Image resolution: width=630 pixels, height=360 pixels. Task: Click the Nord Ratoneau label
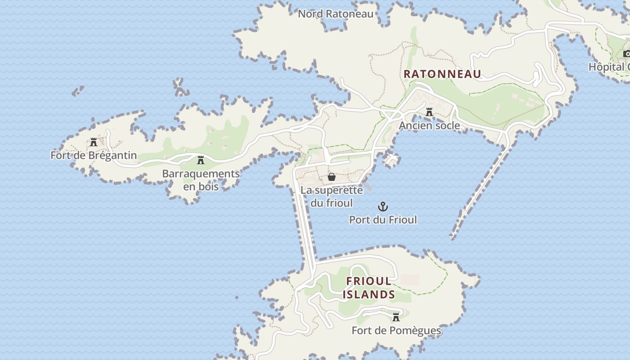tap(336, 14)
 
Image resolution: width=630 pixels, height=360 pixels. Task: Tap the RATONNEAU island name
tap(442, 74)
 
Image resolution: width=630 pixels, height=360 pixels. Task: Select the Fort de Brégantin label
tap(94, 156)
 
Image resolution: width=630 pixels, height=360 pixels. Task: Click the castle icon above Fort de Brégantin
tap(94, 142)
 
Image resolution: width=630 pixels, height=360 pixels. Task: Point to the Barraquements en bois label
tap(201, 180)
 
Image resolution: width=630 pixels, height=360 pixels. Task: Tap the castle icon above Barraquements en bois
tap(201, 160)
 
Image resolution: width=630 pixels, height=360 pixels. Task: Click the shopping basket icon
tap(332, 177)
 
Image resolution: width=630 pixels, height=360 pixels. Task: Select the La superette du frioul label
tap(332, 197)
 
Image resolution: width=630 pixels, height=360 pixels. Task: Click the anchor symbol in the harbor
tap(382, 207)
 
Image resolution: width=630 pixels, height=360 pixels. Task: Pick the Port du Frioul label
tap(383, 220)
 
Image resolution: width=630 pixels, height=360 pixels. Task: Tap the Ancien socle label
tap(429, 126)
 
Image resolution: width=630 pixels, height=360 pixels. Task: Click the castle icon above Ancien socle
tap(429, 112)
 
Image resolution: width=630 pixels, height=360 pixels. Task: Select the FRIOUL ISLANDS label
tap(369, 288)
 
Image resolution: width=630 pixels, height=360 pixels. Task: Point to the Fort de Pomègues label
tap(396, 331)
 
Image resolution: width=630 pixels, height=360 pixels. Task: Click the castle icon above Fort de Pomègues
tap(396, 317)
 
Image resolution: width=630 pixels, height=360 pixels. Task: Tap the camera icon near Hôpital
tap(626, 54)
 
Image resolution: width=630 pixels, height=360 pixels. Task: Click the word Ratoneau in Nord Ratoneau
tap(350, 14)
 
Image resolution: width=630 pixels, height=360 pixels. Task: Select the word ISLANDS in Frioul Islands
tap(369, 295)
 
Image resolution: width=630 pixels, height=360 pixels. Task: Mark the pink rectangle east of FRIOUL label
tap(409, 280)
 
